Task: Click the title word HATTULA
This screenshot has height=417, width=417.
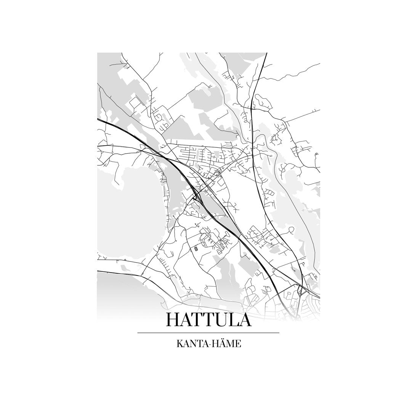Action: [208, 319]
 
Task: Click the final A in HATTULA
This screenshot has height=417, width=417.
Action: [245, 319]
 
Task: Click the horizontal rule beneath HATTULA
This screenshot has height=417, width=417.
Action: [208, 333]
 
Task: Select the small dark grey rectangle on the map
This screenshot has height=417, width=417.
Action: [196, 249]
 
